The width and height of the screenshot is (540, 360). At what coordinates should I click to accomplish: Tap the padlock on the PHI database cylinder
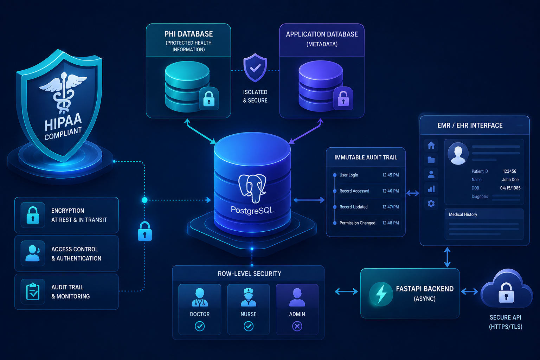point(209,99)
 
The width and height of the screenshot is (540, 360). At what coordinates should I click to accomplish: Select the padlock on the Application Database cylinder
point(343,98)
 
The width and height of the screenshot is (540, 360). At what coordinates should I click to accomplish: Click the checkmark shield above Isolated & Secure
point(255,68)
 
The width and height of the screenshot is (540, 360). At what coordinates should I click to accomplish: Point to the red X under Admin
point(297,326)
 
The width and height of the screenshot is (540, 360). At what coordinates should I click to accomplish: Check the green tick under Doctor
point(200,326)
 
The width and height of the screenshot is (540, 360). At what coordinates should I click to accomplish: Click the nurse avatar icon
point(248,297)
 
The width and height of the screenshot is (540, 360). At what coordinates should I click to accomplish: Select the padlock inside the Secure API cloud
point(506,292)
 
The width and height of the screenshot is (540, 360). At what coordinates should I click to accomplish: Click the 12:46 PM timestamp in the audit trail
point(391,191)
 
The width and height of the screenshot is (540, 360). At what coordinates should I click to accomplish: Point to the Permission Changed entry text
point(357,223)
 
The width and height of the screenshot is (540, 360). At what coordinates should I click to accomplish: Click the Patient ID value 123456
point(509,171)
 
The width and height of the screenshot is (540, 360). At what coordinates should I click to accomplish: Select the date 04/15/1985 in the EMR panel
point(510,188)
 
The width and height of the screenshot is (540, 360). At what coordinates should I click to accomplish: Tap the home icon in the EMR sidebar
point(431,146)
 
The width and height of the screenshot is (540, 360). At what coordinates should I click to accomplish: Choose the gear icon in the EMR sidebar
point(431,204)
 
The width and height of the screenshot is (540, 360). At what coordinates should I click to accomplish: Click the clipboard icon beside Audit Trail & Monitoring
point(33,291)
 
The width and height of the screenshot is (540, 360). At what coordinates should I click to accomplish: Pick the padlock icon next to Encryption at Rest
point(33,215)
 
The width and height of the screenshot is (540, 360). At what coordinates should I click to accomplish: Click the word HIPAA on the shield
point(63,122)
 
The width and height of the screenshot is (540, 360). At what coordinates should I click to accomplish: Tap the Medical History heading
point(463,214)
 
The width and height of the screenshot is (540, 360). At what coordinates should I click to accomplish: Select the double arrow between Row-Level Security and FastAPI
point(346,291)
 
